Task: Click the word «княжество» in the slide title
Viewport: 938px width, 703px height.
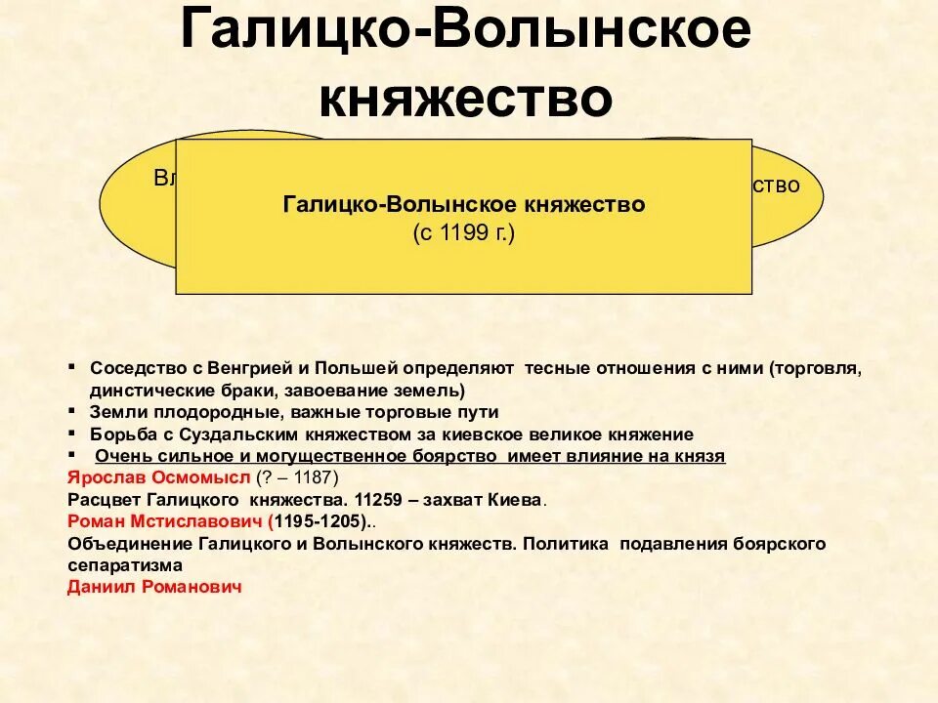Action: coord(466,100)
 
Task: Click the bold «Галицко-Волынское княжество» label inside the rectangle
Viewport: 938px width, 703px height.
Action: coord(464,205)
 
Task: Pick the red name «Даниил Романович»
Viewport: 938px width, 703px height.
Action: coord(154,586)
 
